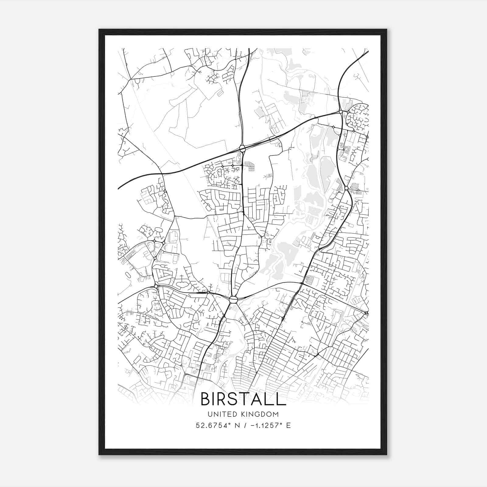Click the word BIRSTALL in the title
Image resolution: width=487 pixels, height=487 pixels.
[243, 399]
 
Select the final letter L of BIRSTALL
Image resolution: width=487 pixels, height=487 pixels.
[282, 399]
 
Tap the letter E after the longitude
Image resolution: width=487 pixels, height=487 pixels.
[288, 426]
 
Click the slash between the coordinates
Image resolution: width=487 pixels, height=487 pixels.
[245, 426]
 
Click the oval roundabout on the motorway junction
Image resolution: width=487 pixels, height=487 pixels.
[243, 149]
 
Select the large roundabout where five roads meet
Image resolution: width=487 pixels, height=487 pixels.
[233, 300]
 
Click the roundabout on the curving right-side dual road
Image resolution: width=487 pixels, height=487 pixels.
[346, 188]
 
